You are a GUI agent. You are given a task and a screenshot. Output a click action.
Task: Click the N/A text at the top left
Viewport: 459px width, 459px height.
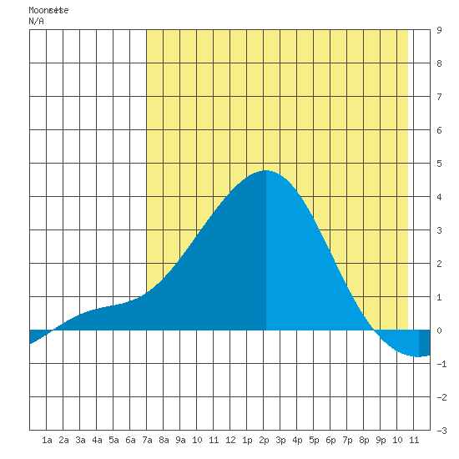pyautogui.click(x=36, y=21)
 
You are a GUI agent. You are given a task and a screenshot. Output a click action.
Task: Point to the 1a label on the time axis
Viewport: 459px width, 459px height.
pyautogui.click(x=47, y=440)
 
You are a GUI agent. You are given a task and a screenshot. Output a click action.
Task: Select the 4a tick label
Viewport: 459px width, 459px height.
pyautogui.click(x=97, y=440)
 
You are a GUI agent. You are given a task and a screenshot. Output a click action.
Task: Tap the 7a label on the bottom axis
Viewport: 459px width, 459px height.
pyautogui.click(x=147, y=440)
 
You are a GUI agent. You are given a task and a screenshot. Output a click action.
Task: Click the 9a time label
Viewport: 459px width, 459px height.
pyautogui.click(x=180, y=440)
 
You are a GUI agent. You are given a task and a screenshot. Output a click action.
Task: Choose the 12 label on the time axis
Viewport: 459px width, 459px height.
pyautogui.click(x=230, y=440)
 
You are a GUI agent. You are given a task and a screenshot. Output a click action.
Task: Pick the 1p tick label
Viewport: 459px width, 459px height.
pyautogui.click(x=247, y=440)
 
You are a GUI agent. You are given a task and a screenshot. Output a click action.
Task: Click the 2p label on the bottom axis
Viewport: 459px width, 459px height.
pyautogui.click(x=264, y=440)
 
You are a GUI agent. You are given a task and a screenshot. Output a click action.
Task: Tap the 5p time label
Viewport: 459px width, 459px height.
pyautogui.click(x=314, y=440)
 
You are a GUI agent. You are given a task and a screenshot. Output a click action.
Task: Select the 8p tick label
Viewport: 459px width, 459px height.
pyautogui.click(x=364, y=440)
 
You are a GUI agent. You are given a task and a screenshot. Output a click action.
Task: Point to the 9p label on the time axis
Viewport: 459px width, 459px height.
pyautogui.click(x=381, y=440)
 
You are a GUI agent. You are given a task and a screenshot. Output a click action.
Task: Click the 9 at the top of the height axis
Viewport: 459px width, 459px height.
pyautogui.click(x=439, y=30)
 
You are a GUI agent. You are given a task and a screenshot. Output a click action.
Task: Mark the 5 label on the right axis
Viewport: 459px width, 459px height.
pyautogui.click(x=439, y=164)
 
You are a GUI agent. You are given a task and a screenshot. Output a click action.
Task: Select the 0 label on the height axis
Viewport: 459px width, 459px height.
pyautogui.click(x=439, y=330)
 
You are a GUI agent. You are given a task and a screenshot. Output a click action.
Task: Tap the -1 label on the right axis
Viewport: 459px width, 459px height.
pyautogui.click(x=441, y=364)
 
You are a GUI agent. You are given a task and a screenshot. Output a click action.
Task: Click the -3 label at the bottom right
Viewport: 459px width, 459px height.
pyautogui.click(x=441, y=431)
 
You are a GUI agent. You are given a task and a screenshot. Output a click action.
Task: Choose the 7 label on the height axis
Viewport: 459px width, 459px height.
pyautogui.click(x=439, y=97)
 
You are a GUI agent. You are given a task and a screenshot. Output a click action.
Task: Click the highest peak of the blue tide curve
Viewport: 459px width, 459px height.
pyautogui.click(x=265, y=170)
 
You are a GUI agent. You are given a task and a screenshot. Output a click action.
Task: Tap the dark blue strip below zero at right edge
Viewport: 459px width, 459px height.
pyautogui.click(x=425, y=343)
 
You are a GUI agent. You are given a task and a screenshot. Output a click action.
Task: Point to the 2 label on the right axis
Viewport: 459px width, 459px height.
pyautogui.click(x=439, y=264)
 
